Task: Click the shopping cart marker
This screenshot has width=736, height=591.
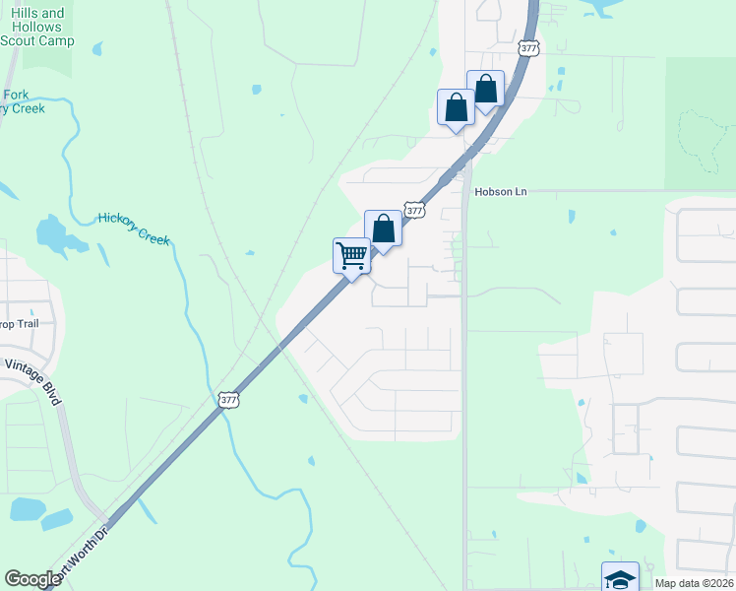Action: coord(351,256)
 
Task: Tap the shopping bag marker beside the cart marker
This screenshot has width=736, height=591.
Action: coord(384,230)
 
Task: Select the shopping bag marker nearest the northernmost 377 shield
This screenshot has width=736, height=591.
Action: coord(486,90)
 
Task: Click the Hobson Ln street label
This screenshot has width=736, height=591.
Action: coord(501,191)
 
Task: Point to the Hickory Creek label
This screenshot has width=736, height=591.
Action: coord(134,229)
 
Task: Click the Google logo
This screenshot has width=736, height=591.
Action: coord(32,579)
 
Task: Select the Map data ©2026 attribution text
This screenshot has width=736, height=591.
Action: coord(694,583)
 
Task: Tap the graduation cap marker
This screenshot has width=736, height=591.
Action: coord(620,577)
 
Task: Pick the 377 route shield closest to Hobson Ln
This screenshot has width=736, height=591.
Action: coord(414,210)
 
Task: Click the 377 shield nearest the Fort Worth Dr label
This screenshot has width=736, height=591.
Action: coord(228,399)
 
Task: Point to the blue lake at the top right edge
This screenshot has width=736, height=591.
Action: coord(609,7)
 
